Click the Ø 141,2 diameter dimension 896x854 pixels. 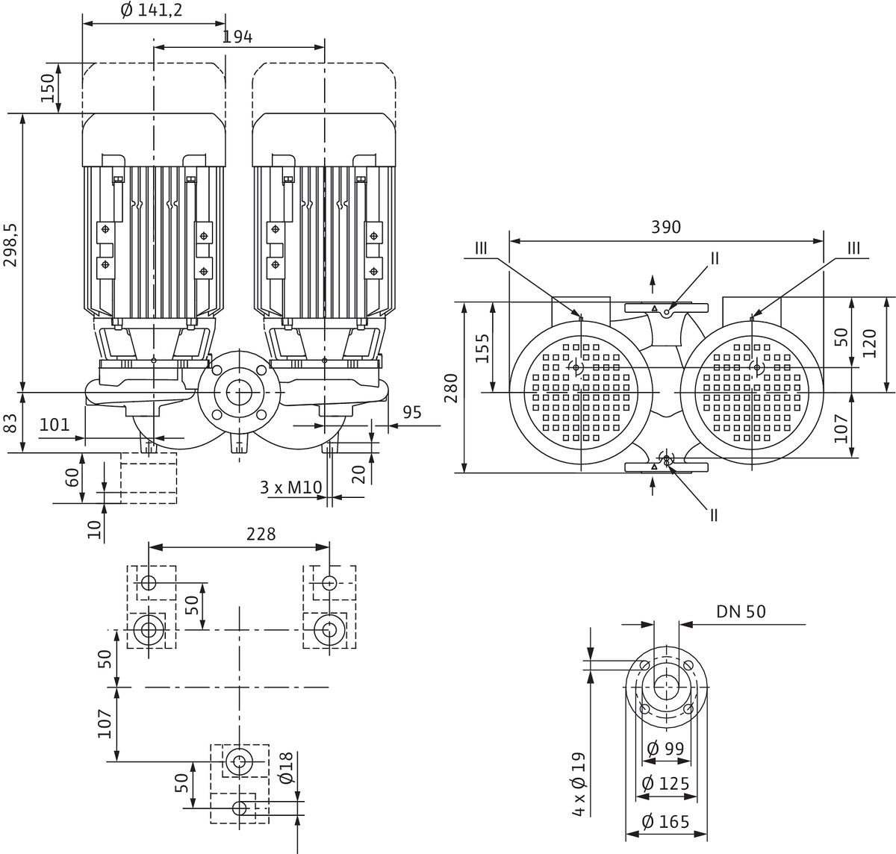(151, 10)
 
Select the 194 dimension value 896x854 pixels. (237, 37)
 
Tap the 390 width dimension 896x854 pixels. (665, 227)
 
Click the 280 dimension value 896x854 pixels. (451, 387)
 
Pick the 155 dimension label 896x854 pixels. (482, 347)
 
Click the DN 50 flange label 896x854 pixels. (741, 611)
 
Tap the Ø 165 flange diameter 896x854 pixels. (665, 823)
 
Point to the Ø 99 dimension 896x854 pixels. (665, 747)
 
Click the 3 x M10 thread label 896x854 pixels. (290, 487)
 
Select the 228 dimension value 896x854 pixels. (261, 534)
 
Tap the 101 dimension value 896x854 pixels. (54, 426)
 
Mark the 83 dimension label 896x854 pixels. (10, 424)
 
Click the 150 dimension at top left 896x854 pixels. (47, 88)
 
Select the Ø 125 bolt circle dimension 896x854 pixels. (665, 784)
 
